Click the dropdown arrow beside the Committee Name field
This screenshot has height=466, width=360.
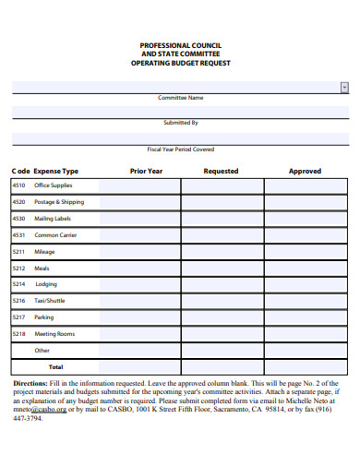pos(344,86)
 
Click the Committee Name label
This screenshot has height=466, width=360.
pos(180,98)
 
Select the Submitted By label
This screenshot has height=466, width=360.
pos(180,123)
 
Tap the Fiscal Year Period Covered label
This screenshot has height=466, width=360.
pos(180,149)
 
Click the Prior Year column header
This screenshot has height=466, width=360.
pos(146,171)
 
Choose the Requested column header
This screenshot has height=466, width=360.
pos(221,171)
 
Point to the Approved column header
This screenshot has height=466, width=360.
pos(305,171)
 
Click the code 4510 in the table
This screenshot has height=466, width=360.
pos(18,185)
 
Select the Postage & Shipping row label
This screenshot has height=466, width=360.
pos(59,202)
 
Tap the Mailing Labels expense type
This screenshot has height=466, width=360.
pos(53,219)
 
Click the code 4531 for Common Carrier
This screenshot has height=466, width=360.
pos(18,235)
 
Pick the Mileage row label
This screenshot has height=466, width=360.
pos(44,252)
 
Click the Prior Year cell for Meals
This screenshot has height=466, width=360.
pos(138,269)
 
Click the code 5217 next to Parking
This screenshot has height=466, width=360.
pos(18,317)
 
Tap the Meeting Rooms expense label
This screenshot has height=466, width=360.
pos(54,334)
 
